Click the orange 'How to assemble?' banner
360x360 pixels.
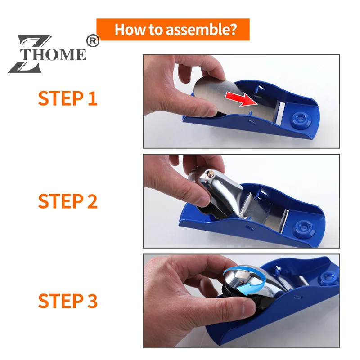[173, 30]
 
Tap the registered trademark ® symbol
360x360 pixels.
[92, 41]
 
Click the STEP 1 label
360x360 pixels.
[67, 98]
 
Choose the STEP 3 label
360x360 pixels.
[67, 301]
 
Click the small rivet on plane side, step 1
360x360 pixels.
[249, 120]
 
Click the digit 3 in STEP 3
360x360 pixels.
[92, 301]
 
